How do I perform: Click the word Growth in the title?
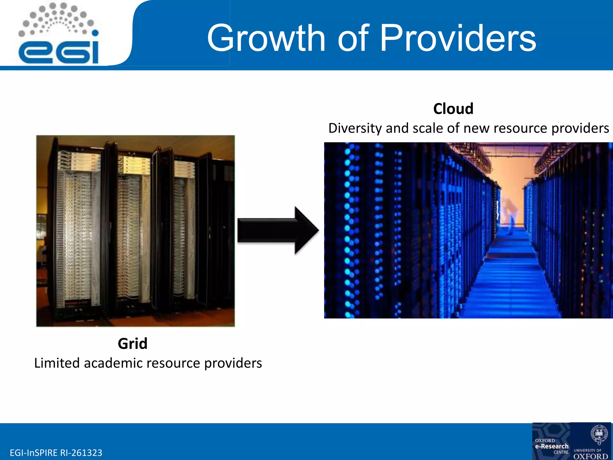[266, 38]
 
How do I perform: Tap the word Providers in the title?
[458, 38]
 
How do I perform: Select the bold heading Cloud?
[453, 109]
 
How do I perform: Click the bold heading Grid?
[132, 344]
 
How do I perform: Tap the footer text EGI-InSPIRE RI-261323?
[56, 453]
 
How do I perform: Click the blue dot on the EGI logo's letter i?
[95, 33]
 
